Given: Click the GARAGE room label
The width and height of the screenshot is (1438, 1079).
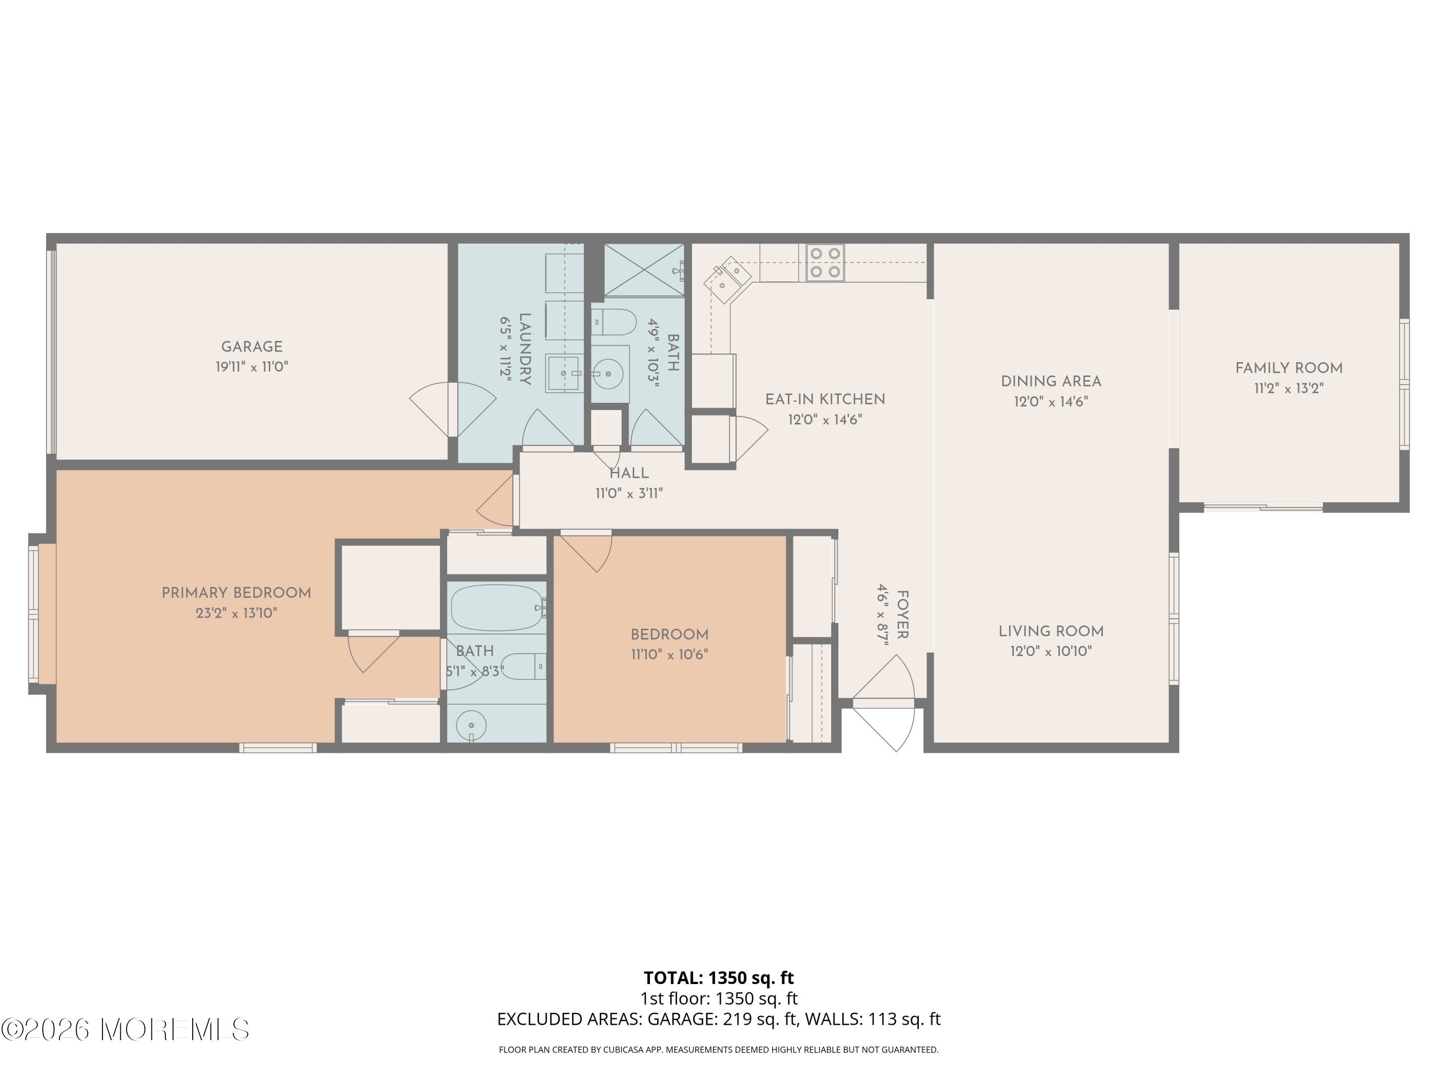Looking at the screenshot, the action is click(252, 347).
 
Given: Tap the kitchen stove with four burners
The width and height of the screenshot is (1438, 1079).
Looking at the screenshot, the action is click(825, 263).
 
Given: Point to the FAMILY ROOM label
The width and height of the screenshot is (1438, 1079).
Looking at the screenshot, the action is click(1288, 368).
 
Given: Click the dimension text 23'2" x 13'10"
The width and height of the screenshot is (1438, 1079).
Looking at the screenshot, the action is click(237, 613).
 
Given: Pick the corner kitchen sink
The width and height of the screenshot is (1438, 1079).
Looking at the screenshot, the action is click(728, 280).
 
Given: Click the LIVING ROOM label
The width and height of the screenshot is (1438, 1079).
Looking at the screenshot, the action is click(1051, 631).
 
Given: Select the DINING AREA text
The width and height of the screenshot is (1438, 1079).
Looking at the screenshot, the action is click(1051, 382).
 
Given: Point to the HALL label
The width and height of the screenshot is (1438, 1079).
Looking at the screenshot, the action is click(628, 473).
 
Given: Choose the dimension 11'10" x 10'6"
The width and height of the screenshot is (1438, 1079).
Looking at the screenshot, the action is click(669, 654).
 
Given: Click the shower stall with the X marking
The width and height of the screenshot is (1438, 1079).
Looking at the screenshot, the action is click(644, 270).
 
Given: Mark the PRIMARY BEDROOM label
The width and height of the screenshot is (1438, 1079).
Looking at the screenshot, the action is click(237, 593).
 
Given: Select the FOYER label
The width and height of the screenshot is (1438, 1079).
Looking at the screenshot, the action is click(902, 615).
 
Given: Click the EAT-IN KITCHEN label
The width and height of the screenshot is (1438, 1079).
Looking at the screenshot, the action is click(825, 399).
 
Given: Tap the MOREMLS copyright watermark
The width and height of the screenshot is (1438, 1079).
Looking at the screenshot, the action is click(125, 1030).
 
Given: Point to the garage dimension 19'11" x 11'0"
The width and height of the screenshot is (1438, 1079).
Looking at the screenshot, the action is click(252, 367).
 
